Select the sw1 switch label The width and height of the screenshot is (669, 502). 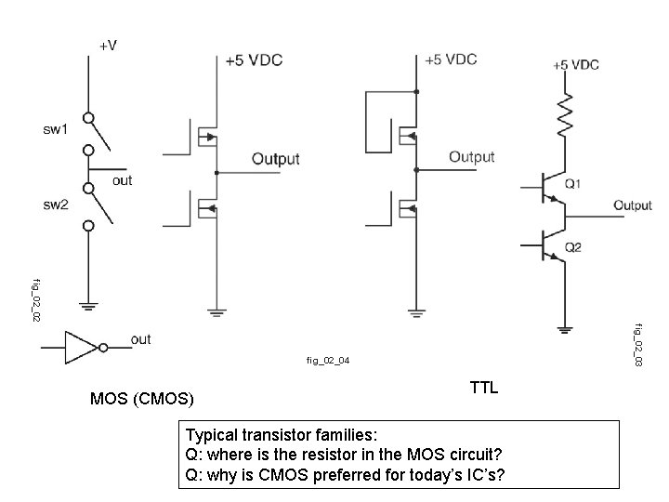point(54,129)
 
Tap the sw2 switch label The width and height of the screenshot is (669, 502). point(54,205)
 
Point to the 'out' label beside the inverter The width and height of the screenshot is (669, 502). point(140,339)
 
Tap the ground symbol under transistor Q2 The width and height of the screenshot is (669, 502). point(564,328)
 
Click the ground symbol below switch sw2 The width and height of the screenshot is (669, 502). point(89,304)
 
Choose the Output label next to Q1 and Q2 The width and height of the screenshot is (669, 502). point(632,205)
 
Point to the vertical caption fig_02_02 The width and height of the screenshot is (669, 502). point(36,299)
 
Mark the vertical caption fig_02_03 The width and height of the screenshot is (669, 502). point(638,343)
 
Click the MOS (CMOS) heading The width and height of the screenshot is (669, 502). point(142,400)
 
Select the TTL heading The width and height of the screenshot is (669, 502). point(484,388)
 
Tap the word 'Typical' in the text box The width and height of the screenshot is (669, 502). point(213,435)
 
